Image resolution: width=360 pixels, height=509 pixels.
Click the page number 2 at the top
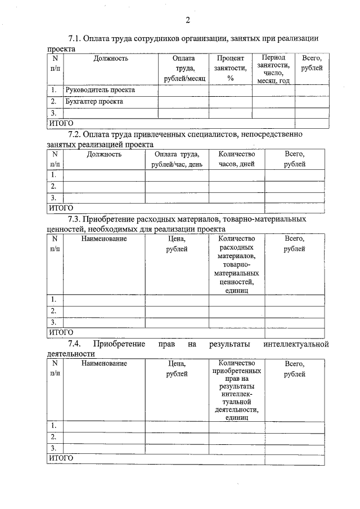pos(188,21)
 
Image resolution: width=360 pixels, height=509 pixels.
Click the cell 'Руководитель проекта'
pos(100,90)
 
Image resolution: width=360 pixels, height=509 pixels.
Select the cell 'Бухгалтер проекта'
pos(94,102)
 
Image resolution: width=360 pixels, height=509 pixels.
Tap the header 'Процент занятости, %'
pos(231,68)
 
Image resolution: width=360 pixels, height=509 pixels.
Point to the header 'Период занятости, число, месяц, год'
pos(273,69)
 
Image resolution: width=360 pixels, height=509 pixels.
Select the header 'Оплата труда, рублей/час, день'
pos(177,159)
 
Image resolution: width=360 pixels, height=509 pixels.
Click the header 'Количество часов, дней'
pos(236,159)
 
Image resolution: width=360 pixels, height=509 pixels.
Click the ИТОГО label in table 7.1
pos(61,123)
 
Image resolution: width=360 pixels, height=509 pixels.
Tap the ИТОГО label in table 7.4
pos(61,459)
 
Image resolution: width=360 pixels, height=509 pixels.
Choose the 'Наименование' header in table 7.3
pos(104,238)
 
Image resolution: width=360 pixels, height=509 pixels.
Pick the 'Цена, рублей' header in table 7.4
pos(177,369)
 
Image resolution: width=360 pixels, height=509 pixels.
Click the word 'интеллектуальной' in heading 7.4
pos(295,344)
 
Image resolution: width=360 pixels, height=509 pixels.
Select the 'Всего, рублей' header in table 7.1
pos(312,62)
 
